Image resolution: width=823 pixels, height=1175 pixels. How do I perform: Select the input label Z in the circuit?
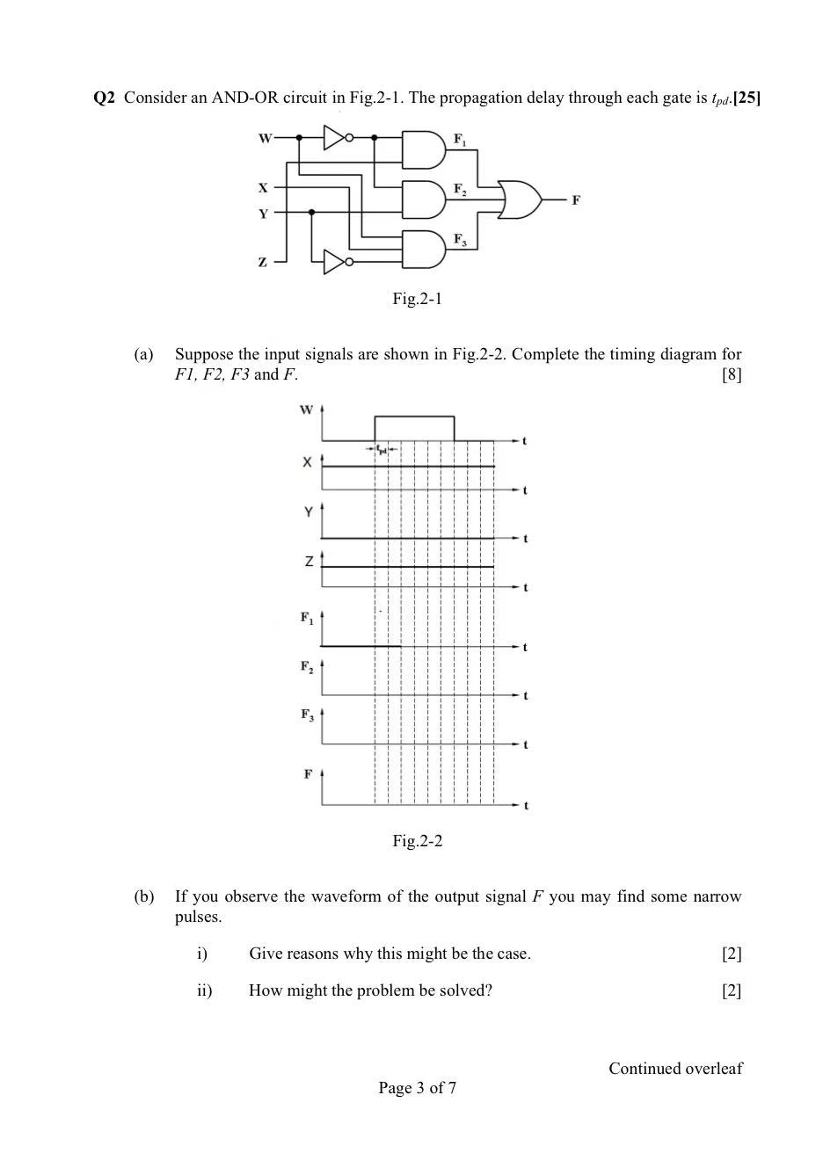point(262,262)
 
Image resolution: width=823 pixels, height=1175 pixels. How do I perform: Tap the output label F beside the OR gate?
point(576,200)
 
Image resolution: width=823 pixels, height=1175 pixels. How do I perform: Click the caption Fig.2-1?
point(417,299)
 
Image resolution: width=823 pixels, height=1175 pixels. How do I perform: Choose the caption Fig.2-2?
point(417,841)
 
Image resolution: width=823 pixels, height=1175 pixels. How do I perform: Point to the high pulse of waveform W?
point(414,417)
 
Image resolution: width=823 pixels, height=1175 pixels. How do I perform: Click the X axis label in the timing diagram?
point(307,462)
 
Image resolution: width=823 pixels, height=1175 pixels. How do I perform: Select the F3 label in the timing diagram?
point(307,714)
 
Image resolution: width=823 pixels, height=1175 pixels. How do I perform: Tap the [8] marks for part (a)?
point(731,375)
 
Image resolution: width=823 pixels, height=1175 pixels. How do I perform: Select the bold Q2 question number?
point(104,98)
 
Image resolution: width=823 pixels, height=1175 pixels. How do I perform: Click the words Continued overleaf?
point(675,1069)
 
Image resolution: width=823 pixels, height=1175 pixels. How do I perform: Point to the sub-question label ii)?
point(204,990)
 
